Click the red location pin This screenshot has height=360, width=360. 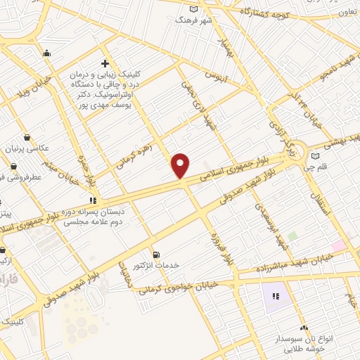pos(181,166)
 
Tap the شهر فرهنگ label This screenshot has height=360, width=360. pos(195,20)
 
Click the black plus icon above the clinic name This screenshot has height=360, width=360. pos(105,63)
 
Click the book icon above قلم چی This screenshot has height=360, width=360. pos(315,156)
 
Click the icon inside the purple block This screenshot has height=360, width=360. pos(276,296)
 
